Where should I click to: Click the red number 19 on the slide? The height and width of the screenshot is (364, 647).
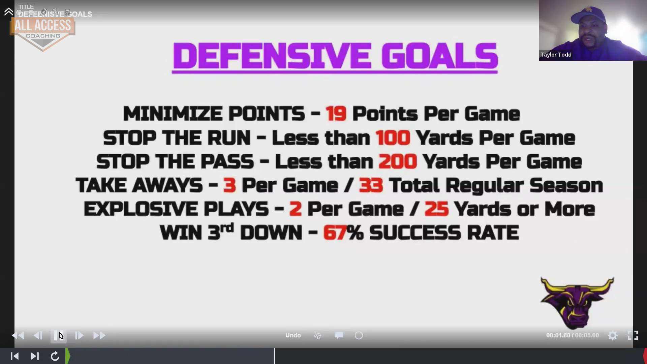(336, 114)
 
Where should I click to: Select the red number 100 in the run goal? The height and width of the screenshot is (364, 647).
(393, 138)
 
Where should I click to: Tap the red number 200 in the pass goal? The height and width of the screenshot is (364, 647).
(398, 161)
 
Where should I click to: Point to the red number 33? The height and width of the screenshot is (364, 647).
(371, 185)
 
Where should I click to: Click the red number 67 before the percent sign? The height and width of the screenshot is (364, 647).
(334, 233)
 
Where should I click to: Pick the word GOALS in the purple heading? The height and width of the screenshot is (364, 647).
(440, 56)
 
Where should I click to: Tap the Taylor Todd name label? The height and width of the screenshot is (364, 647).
(556, 55)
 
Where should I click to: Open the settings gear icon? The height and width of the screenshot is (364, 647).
(613, 335)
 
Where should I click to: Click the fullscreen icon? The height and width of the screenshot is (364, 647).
(633, 335)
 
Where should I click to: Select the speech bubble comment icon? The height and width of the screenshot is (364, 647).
(339, 335)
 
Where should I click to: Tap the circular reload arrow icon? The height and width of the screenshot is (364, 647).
(55, 356)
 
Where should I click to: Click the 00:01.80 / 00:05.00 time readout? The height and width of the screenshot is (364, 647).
(573, 335)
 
